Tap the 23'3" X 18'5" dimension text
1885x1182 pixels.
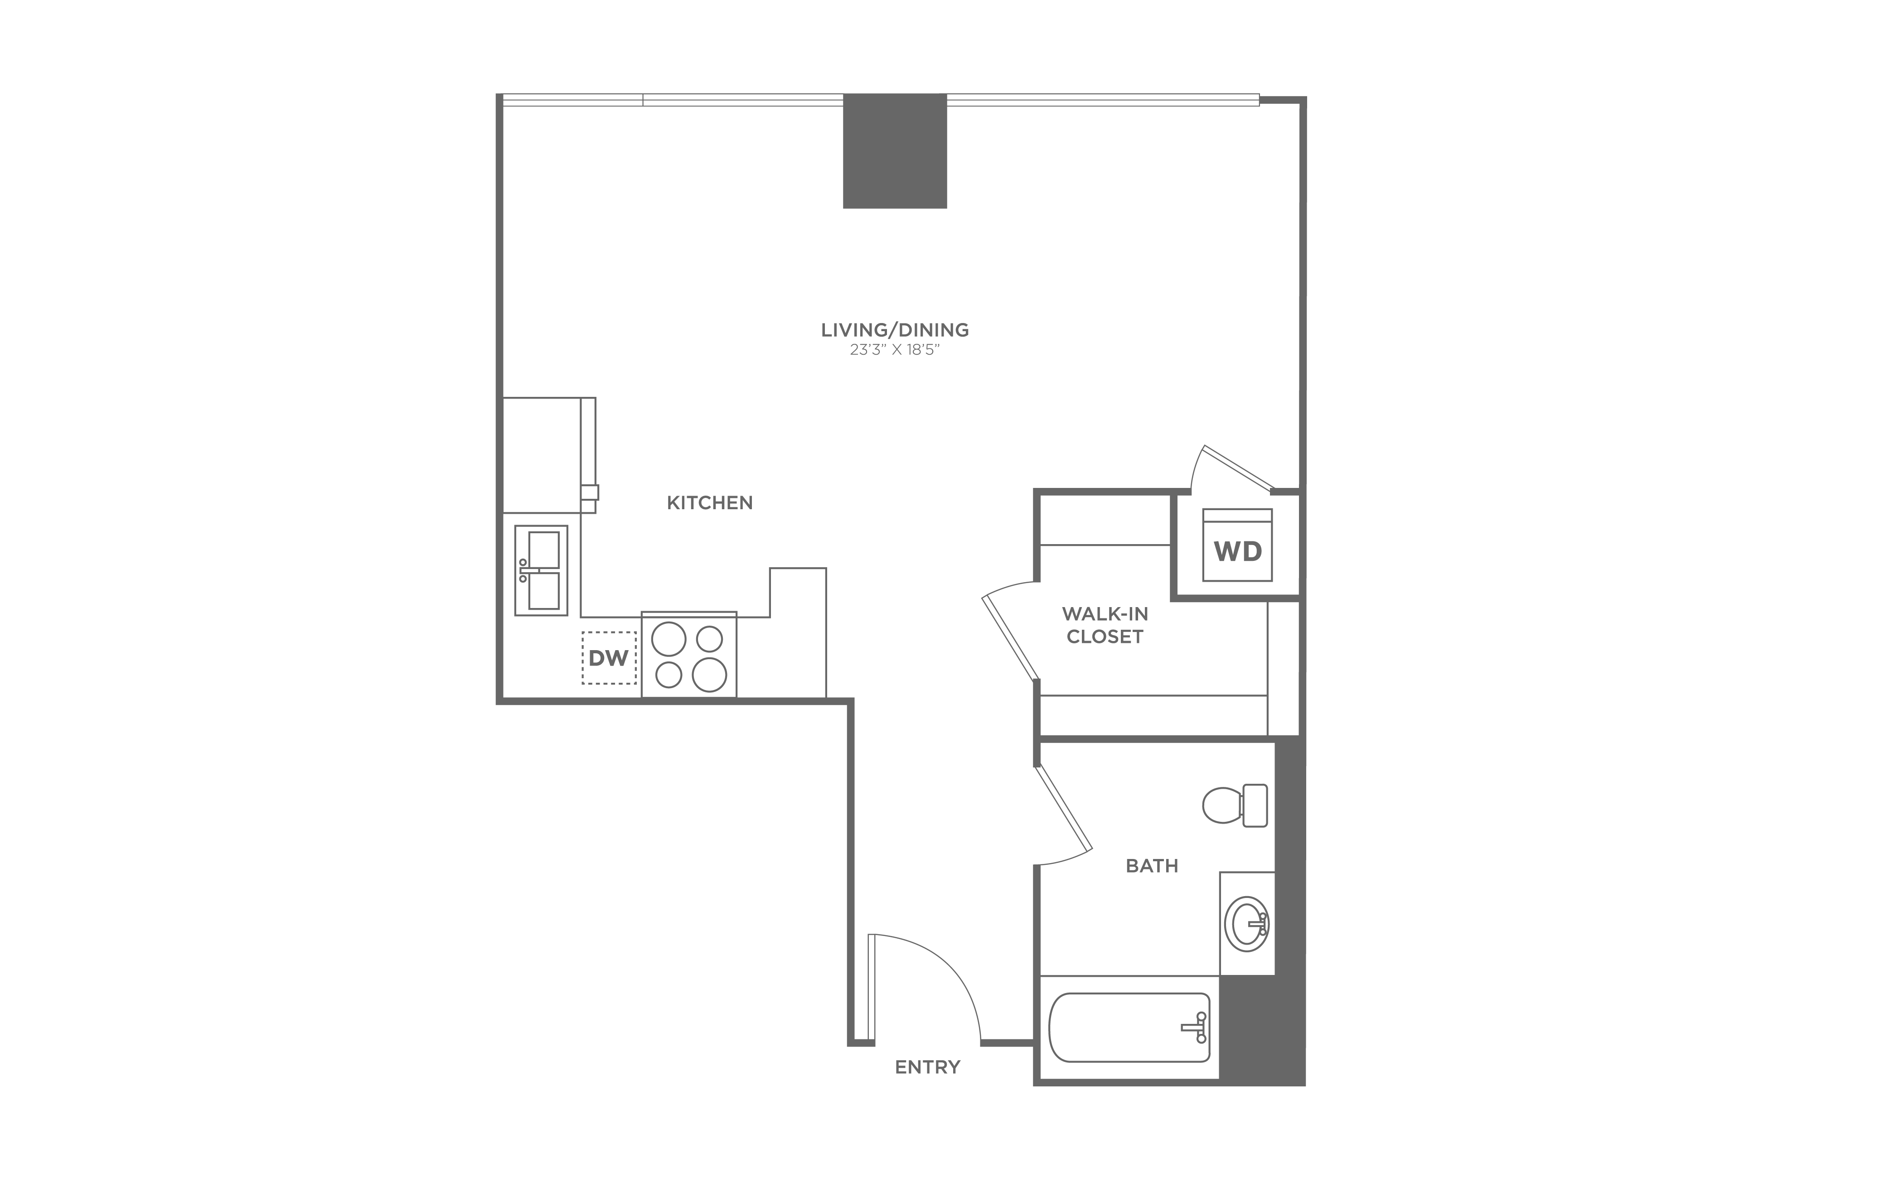[894, 350]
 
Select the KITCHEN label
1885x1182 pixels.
[710, 503]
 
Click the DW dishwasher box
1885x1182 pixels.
[609, 658]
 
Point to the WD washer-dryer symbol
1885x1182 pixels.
[1238, 545]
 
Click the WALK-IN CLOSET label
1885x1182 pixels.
[1105, 625]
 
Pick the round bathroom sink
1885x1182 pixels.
[1247, 924]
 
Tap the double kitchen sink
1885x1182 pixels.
[541, 571]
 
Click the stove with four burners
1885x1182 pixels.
[689, 654]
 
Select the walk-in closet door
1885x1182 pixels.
[1011, 637]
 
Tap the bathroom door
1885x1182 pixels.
[1063, 809]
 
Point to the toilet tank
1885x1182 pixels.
[1255, 805]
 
